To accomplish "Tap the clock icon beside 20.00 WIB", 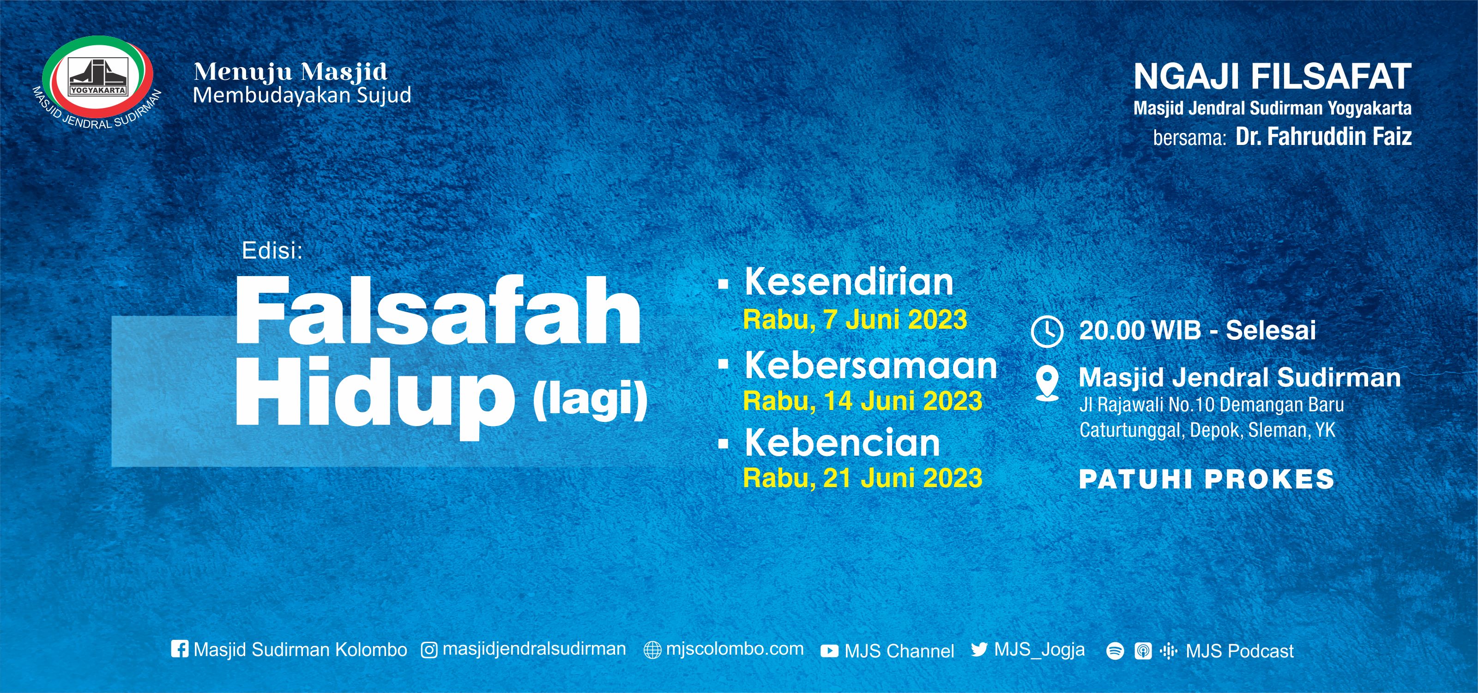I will (x=1047, y=331).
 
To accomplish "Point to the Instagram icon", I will (x=429, y=650).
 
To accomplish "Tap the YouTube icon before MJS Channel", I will (x=829, y=651).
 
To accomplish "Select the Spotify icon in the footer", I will (x=1114, y=651).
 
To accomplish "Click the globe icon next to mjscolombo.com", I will (x=652, y=650).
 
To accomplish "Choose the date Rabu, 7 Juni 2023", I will (x=855, y=319).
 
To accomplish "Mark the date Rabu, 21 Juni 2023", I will (x=863, y=478).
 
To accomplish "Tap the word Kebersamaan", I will (x=870, y=366).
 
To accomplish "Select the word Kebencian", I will (x=842, y=443).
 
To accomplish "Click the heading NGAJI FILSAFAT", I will (x=1272, y=77).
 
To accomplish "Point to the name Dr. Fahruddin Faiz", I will (x=1323, y=137).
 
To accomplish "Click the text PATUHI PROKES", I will (x=1206, y=480).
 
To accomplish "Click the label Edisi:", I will (x=272, y=251).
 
